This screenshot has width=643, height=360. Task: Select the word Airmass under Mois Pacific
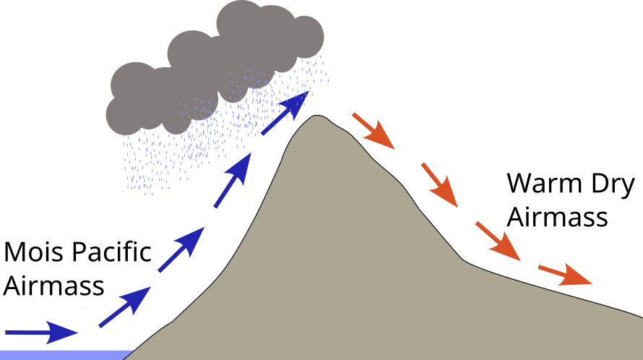tap(54, 286)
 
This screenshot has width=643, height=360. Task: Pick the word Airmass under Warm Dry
tap(556, 216)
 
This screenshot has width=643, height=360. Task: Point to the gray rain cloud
tap(217, 65)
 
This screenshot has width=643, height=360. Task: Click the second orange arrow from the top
tap(439, 186)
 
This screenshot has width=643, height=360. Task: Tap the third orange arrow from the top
tap(497, 238)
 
